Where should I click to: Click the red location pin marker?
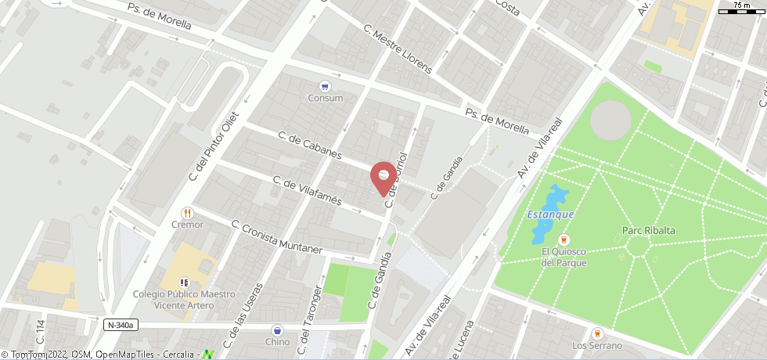383,176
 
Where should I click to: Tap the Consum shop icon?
325,86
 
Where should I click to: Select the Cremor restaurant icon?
187,213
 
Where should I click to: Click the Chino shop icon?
277,330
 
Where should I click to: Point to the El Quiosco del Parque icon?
563,239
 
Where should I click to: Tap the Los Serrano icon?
597,333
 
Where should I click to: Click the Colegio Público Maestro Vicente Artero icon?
184,282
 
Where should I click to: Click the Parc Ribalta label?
648,230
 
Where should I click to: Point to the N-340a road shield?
121,325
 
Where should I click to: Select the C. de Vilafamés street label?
307,190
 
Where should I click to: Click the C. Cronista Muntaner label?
277,236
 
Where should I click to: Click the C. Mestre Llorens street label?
397,49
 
